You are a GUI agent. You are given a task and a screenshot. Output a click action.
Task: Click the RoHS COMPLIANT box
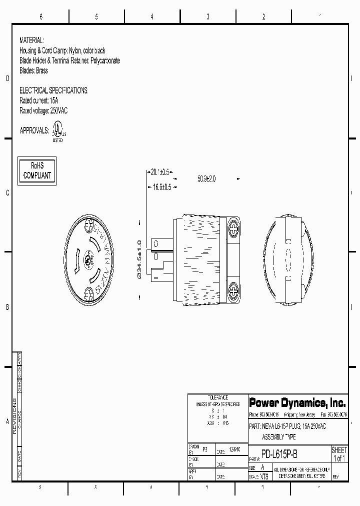pyautogui.click(x=37, y=170)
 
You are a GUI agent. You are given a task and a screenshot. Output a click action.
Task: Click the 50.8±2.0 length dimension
pyautogui.click(x=206, y=178)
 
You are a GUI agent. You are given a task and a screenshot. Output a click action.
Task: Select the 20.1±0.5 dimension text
pyautogui.click(x=160, y=171)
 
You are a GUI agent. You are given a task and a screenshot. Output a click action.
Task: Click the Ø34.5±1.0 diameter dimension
pyautogui.click(x=139, y=258)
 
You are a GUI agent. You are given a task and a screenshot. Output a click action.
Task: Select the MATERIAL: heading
pyautogui.click(x=31, y=39)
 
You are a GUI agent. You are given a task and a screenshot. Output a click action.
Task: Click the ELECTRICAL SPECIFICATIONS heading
pyautogui.click(x=53, y=90)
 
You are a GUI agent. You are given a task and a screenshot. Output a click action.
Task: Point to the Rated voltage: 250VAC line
pyautogui.click(x=43, y=111)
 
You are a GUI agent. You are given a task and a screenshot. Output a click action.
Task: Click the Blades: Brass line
pyautogui.click(x=33, y=71)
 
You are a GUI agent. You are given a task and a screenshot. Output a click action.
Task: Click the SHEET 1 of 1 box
pyautogui.click(x=339, y=454)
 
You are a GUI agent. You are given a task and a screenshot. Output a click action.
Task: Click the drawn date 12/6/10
pyautogui.click(x=234, y=449)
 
